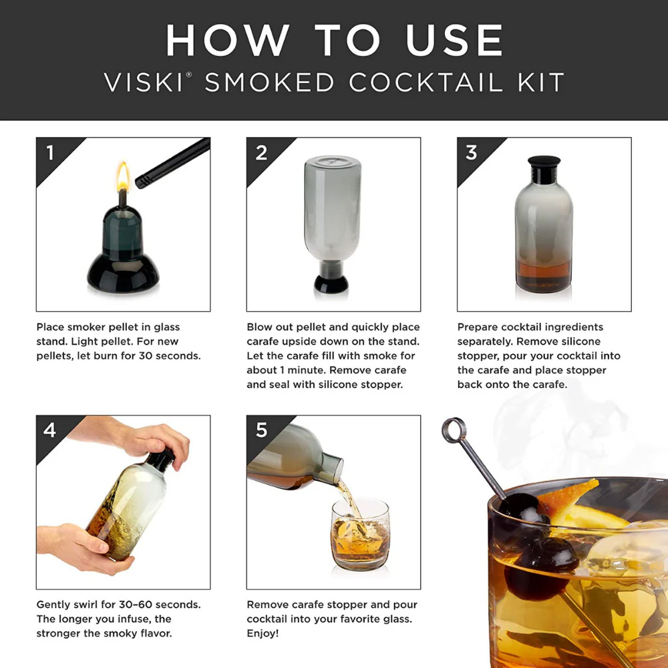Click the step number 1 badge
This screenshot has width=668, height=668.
(50, 153)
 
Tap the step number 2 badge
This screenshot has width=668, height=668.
(261, 153)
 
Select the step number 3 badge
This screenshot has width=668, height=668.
(472, 153)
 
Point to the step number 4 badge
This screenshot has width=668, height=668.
(50, 430)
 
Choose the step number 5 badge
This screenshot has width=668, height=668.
(261, 430)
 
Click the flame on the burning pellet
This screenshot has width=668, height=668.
(123, 176)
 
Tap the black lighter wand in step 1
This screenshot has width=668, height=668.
(172, 162)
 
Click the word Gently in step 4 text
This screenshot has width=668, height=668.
(54, 605)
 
